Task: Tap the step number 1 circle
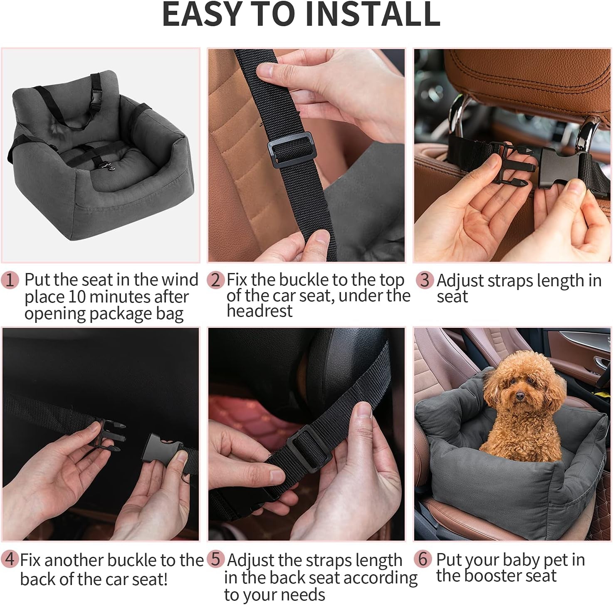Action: pyautogui.click(x=10, y=280)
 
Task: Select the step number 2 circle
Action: pyautogui.click(x=215, y=280)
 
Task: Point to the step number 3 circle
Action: pyautogui.click(x=424, y=280)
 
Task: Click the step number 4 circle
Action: pyautogui.click(x=10, y=559)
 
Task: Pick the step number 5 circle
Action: pyautogui.click(x=215, y=559)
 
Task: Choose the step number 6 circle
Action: pyautogui.click(x=423, y=559)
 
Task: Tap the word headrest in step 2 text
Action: pyautogui.click(x=260, y=311)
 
